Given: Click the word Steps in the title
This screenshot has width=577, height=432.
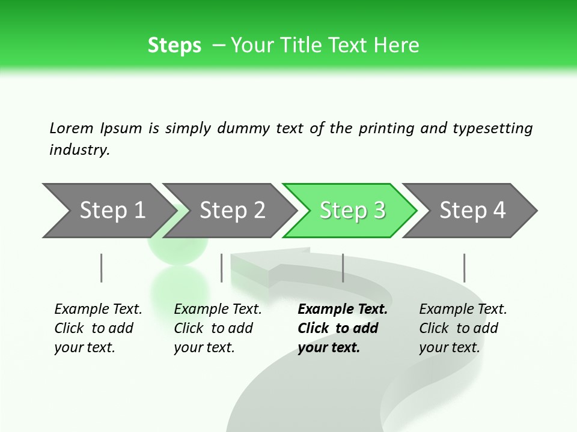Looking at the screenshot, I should coord(174,46).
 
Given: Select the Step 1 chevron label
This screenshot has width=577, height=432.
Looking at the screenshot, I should coord(112,211).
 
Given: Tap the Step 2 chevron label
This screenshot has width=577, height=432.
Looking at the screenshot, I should coord(232,211).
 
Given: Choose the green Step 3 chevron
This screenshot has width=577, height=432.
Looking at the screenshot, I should coord(352,211).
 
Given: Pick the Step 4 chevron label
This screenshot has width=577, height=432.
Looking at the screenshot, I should coord(472,211).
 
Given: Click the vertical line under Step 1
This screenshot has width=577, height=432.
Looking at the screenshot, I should coord(102,268).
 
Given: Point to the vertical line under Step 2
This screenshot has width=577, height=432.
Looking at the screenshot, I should coord(222,268).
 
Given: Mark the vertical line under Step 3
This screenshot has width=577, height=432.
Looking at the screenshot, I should coord(343,268).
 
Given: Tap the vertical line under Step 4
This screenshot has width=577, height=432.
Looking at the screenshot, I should coord(464,268).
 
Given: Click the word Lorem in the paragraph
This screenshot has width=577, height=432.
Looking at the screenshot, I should coord(72,128).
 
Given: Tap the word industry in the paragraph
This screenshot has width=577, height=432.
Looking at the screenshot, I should coord(78,150).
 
